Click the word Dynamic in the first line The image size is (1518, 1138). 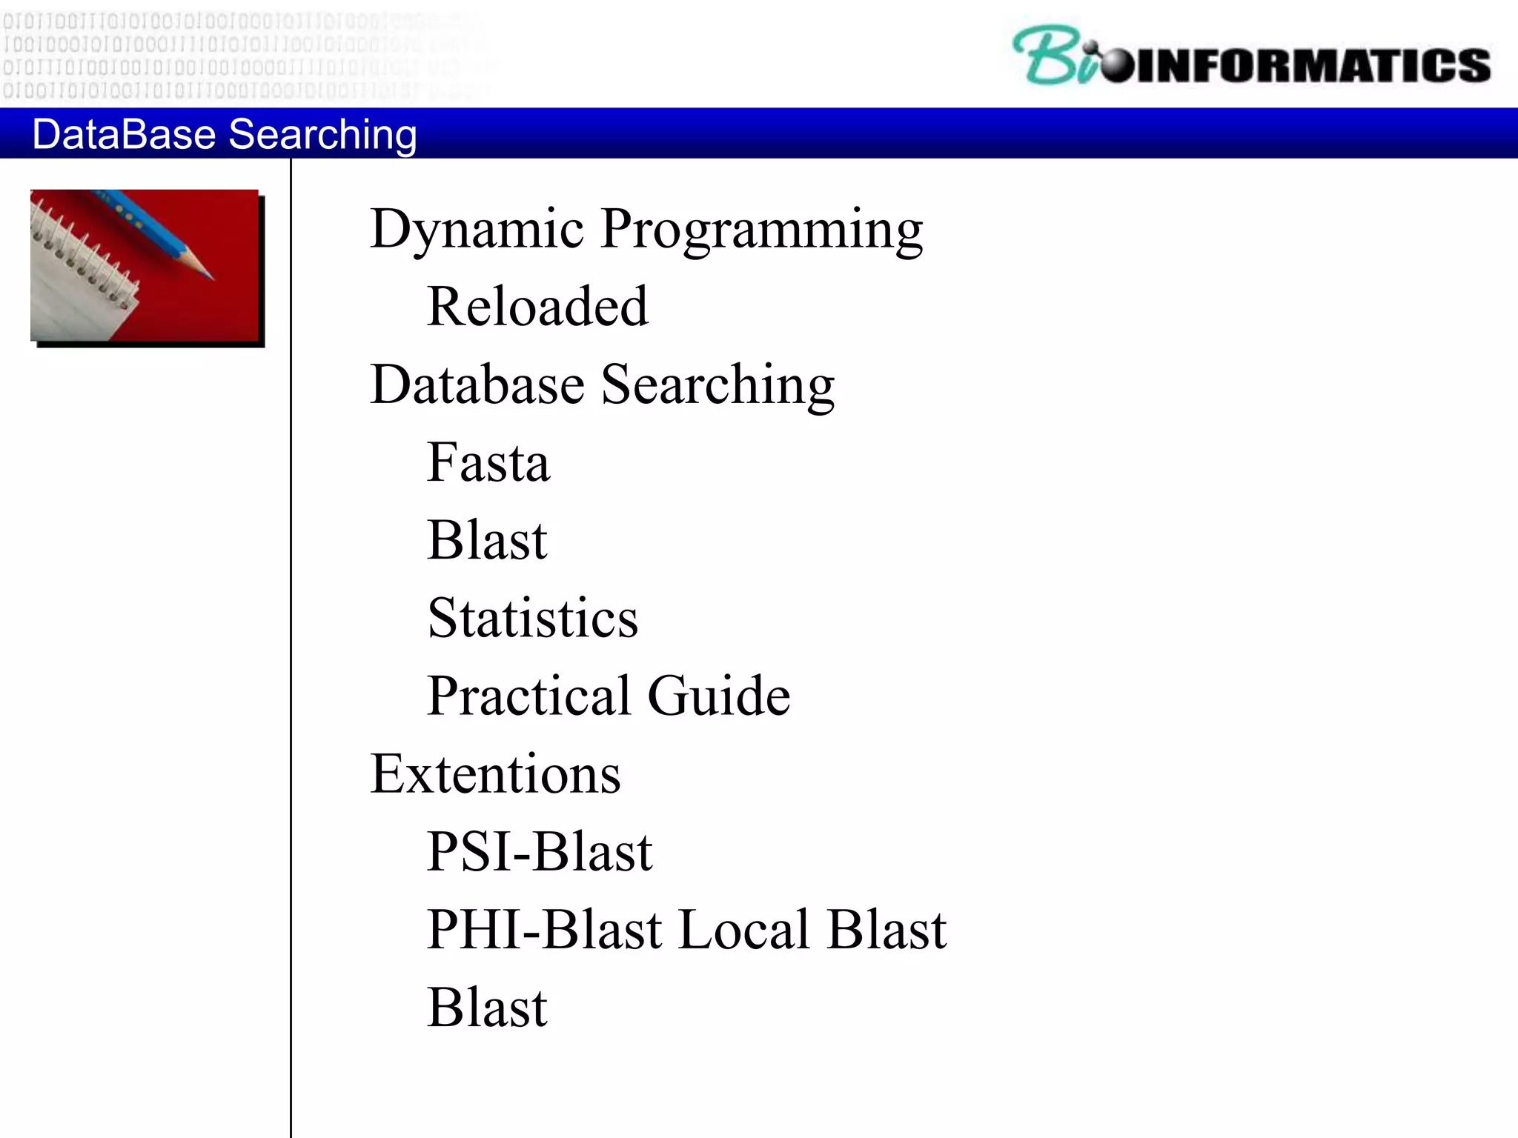point(477,229)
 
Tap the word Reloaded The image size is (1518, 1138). point(537,307)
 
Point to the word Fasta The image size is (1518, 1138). point(488,462)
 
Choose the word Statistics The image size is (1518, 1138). point(532,618)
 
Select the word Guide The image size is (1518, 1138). point(718,696)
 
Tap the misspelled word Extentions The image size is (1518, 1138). point(495,774)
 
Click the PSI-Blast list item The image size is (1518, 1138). point(539,852)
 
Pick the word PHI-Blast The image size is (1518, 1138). point(544,930)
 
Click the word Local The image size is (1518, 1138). point(743,930)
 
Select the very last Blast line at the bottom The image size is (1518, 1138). point(487,1008)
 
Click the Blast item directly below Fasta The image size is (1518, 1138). point(487,540)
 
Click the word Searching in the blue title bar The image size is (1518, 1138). point(322,136)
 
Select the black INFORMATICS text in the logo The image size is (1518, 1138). point(1312,65)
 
